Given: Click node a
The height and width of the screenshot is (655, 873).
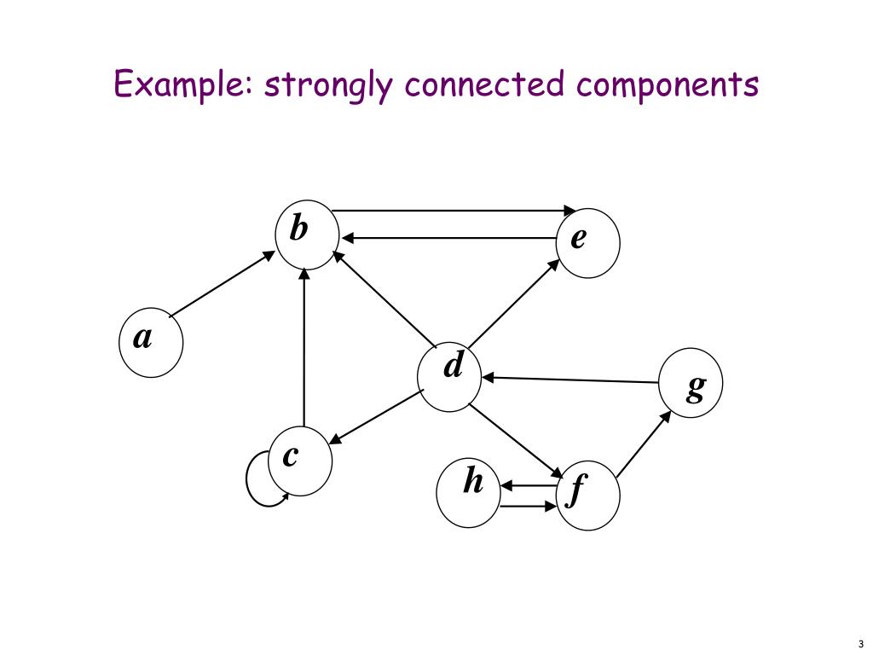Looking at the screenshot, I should [150, 345].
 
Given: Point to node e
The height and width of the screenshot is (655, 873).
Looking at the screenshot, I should [587, 246].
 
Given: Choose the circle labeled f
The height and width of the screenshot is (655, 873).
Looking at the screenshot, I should [587, 496].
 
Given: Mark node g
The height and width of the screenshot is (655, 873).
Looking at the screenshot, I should [691, 382].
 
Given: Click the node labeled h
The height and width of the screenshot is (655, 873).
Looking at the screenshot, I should [468, 492].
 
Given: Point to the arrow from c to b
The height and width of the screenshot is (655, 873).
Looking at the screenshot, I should [304, 350].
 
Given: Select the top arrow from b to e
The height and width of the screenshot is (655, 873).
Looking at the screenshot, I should [452, 210].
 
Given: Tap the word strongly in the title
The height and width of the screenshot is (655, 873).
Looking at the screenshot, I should [330, 86].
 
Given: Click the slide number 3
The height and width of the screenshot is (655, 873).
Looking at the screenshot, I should [861, 644].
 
